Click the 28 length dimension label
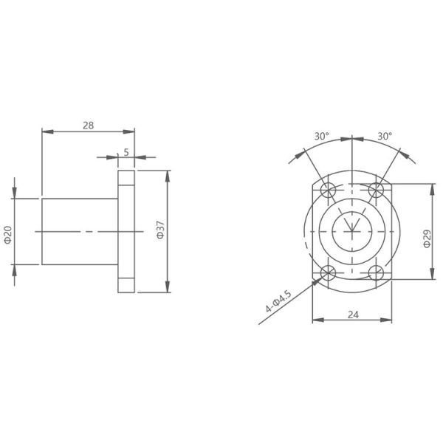[88, 126]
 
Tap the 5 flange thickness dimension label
[126, 152]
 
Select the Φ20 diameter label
[7, 235]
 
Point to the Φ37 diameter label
[160, 230]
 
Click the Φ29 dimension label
[427, 238]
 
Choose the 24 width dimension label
[353, 315]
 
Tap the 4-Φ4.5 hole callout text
[278, 301]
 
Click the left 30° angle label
[322, 136]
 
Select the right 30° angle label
[385, 136]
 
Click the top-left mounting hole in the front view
[328, 190]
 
